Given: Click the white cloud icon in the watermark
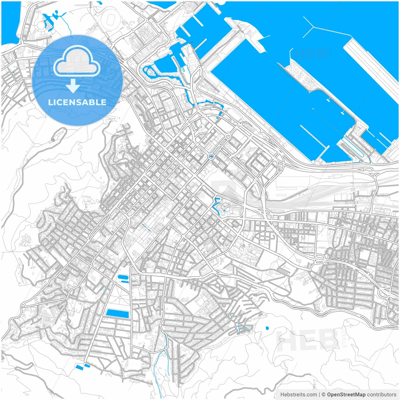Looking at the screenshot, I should point(77,61).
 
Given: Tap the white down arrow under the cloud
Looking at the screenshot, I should point(73,86).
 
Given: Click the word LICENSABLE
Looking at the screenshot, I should point(77,102).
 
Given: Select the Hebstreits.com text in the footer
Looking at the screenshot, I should point(298,394).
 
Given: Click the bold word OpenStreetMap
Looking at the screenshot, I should point(346,394).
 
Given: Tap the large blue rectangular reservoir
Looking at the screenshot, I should point(117,313).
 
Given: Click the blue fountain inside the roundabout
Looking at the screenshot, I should point(211,156).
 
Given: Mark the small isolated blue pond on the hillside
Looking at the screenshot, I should point(267,328).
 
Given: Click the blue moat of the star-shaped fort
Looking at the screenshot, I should point(216,205).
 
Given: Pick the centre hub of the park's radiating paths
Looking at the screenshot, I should point(120,298).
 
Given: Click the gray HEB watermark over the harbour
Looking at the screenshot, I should point(311,54).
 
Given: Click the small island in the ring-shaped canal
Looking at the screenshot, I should point(150,72).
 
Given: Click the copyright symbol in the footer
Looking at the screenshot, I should point(323,394).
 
